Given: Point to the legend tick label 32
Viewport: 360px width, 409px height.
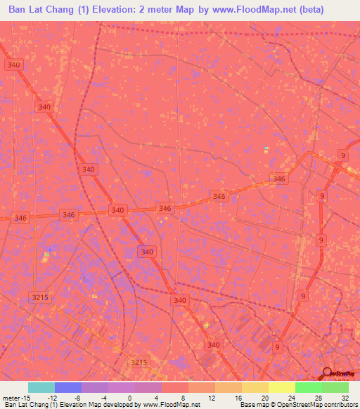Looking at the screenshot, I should coord(345,397).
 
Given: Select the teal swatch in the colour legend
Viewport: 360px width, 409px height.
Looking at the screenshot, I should coord(41,387).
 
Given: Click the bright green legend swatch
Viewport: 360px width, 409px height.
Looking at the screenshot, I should coord(308,387).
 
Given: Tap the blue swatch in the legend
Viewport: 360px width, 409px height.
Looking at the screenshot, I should coord(67,387).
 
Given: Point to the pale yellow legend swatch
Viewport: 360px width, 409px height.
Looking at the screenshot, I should coord(281,387).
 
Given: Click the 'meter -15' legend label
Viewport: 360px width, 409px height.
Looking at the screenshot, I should coord(15,397).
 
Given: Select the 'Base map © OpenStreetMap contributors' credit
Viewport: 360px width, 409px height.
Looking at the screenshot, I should coord(297,405).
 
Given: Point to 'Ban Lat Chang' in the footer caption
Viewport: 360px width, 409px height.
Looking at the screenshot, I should coord(25,405).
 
